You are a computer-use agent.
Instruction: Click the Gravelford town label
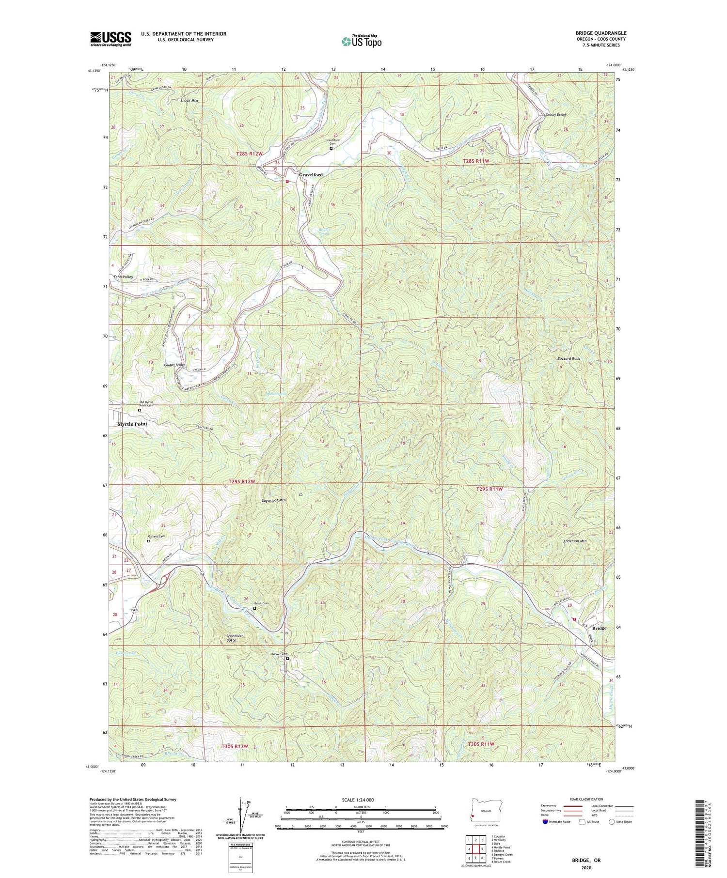click(x=311, y=175)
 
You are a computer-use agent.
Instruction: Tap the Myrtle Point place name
click(x=132, y=424)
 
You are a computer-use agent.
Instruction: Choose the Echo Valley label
click(x=123, y=277)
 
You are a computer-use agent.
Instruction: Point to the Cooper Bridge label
click(x=174, y=365)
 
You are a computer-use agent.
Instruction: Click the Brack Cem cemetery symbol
click(x=255, y=608)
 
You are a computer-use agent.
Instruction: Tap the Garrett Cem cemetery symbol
click(x=148, y=541)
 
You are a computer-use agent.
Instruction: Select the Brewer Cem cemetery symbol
click(x=287, y=659)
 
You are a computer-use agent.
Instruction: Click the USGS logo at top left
click(x=111, y=39)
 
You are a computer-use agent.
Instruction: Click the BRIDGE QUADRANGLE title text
click(x=601, y=33)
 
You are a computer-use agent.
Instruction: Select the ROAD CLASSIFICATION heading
click(x=586, y=799)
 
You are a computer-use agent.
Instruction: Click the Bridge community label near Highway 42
click(x=599, y=628)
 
